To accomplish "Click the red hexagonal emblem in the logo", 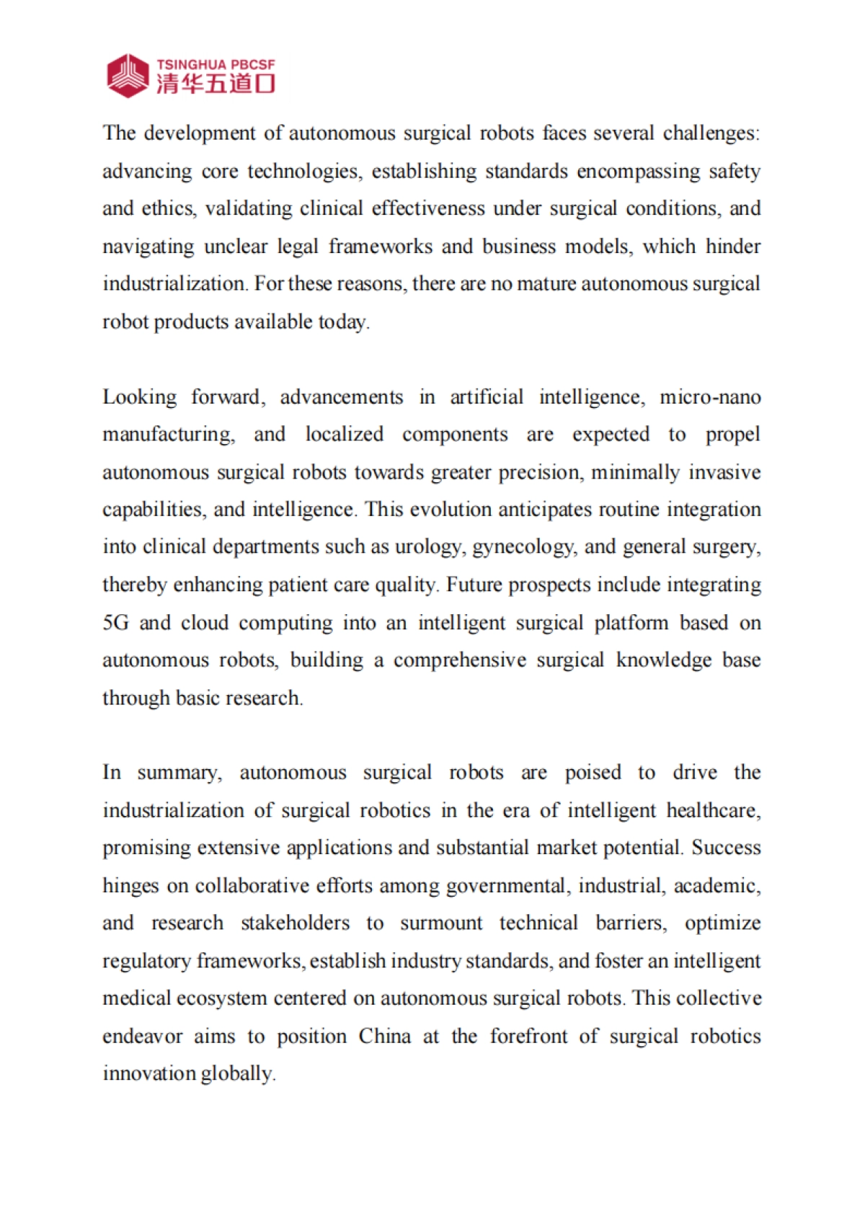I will pos(128,76).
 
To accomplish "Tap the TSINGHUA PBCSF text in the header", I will pos(216,65).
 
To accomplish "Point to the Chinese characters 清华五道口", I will pos(216,84).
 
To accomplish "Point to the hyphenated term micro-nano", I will pos(710,397).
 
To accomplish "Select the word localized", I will pos(344,435).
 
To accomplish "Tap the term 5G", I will pos(115,623).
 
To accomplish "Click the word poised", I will pos(593,773).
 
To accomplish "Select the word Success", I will pos(726,848).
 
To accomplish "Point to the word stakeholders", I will pos(295,923).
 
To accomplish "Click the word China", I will pos(385,1037).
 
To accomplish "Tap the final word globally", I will pos(237,1074).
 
